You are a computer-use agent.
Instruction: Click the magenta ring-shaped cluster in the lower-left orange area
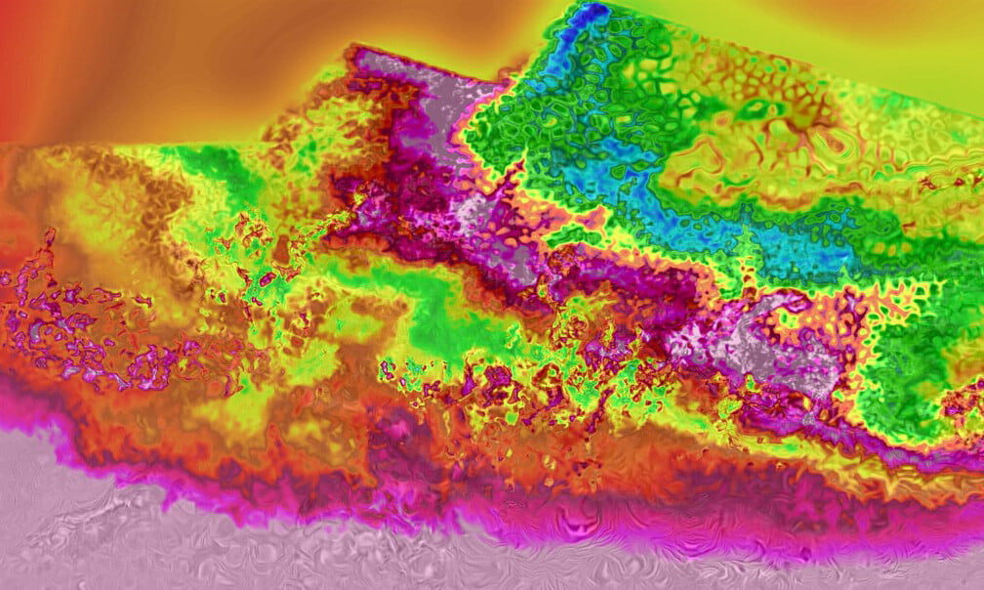click(x=146, y=366)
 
